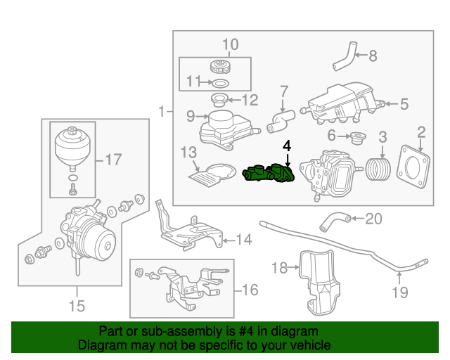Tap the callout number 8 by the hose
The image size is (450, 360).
373,55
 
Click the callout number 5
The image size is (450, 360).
404,104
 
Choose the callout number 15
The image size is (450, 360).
76,306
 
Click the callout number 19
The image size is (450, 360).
399,292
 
